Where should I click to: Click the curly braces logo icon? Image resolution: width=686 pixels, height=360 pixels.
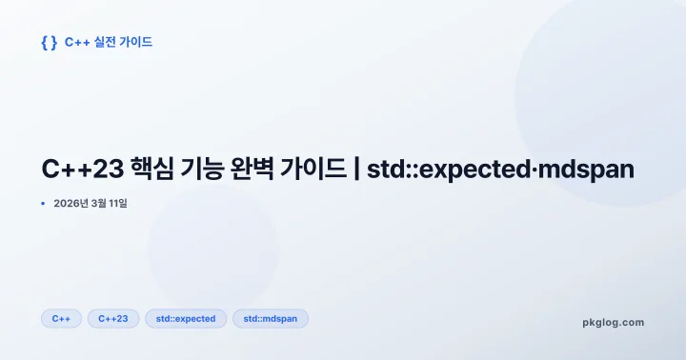tap(49, 43)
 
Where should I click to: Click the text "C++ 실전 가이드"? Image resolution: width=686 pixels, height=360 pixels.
tap(108, 43)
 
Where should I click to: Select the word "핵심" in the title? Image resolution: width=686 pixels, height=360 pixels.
tap(149, 170)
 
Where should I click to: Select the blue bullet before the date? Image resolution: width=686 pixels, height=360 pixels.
tap(43, 203)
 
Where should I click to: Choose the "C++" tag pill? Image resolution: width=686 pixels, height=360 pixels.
tap(61, 318)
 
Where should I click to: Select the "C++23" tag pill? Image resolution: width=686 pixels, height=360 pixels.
tap(113, 318)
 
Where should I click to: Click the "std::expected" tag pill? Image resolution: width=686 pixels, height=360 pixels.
tap(186, 318)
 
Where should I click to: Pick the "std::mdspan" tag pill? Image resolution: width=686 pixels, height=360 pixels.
tap(270, 318)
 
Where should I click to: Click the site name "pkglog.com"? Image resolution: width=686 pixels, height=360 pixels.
tap(613, 322)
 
